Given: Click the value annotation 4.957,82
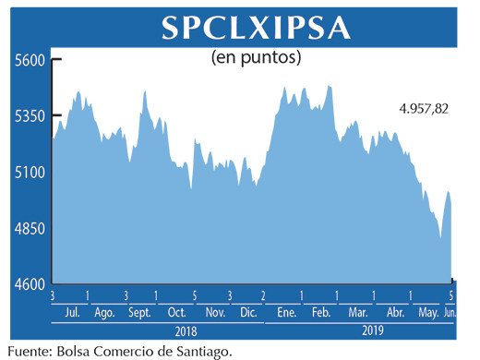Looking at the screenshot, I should coord(424,109).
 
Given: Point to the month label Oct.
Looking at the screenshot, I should coord(177,312).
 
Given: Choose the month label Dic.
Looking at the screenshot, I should coord(247,312).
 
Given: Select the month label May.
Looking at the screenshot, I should coord(427,312).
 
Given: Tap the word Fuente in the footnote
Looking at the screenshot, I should coord(29,350).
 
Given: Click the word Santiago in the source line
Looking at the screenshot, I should coord(198,351).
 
